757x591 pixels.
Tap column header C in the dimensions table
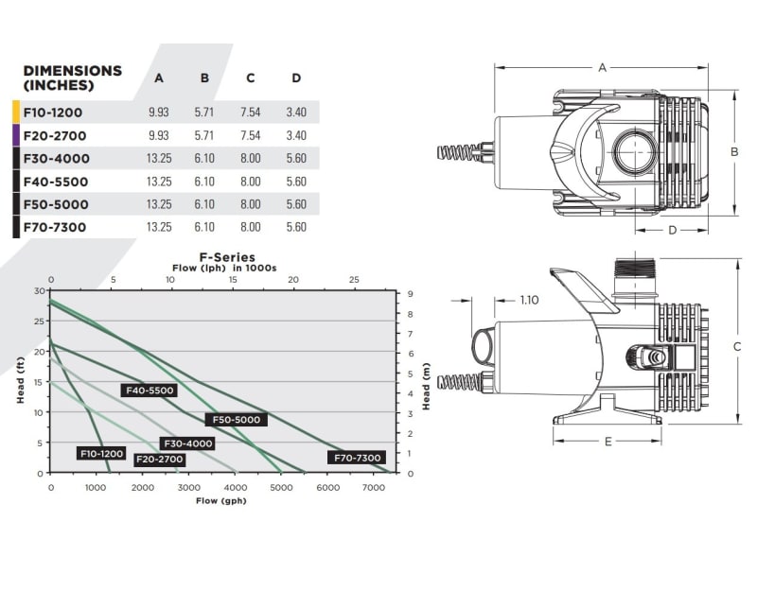[250, 78]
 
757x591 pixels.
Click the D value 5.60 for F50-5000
[295, 204]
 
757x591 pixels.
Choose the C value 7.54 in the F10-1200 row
[250, 113]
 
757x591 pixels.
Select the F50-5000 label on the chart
[236, 420]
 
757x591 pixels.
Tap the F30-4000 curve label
[188, 443]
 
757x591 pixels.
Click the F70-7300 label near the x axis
[356, 458]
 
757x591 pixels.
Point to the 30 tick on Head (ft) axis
[38, 290]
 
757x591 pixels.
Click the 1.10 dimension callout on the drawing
[530, 301]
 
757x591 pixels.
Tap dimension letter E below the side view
[607, 441]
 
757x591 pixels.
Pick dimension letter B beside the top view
[733, 151]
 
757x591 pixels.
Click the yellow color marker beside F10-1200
[16, 113]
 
